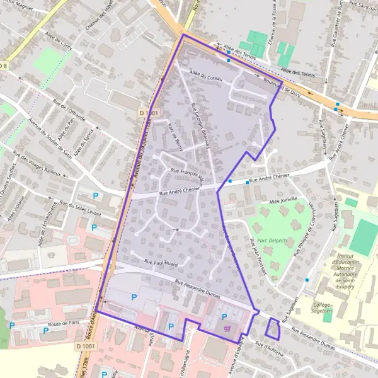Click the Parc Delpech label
[271, 239]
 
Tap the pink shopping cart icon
[227, 328]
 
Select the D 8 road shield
[4, 66]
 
